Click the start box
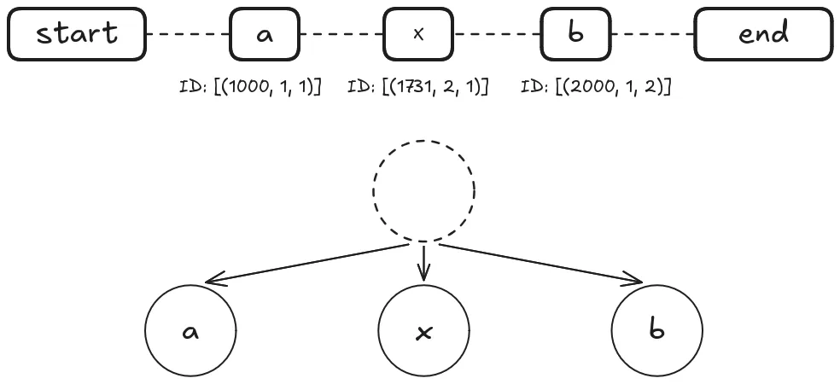77,34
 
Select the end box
764,34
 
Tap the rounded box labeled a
265,34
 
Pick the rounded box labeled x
418,34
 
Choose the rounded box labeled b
575,34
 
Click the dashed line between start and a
188,34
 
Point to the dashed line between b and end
652,34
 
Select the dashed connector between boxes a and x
341,34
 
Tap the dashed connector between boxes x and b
497,34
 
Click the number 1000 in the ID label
244,87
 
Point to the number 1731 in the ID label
411,87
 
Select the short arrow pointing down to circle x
423,263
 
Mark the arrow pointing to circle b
541,263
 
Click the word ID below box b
531,87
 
